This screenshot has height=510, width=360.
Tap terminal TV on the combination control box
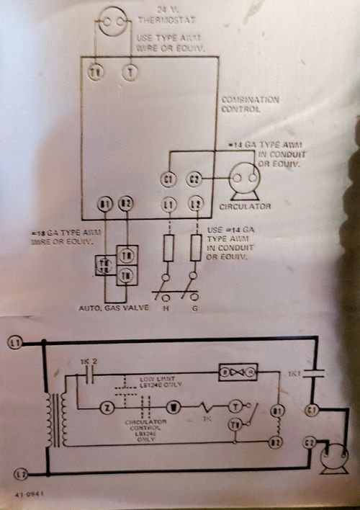point(96,71)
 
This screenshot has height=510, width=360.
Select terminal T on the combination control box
point(130,71)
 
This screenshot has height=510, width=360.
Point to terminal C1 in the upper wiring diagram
point(168,179)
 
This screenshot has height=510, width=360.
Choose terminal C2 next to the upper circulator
point(194,179)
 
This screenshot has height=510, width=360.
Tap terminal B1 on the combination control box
point(105,205)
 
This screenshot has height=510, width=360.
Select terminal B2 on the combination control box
point(127,205)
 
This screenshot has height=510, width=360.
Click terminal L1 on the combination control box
point(169,205)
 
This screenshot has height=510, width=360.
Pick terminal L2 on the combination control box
point(194,205)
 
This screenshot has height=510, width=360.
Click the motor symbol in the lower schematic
point(333,458)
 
